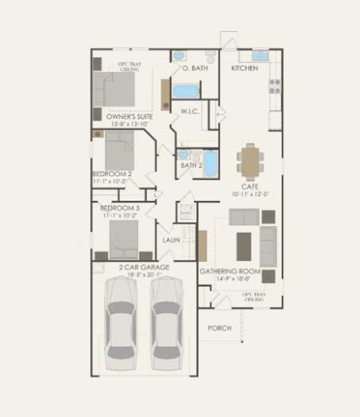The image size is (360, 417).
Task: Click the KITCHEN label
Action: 244,68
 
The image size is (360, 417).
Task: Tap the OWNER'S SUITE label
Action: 129,117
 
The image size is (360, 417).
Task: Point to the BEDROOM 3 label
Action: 119,208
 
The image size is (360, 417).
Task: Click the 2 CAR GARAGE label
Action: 144,267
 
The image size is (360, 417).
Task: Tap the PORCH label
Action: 219,328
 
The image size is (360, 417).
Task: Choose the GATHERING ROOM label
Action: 230,271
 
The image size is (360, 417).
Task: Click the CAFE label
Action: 250,186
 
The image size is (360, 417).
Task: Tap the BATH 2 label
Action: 191,165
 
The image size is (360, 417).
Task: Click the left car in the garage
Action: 121,324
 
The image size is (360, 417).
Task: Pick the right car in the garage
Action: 166,324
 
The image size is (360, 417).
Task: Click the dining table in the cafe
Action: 250,162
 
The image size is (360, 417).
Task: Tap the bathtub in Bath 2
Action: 210,164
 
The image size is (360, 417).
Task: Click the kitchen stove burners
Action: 275,86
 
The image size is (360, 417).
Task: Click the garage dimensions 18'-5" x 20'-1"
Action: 144,275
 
